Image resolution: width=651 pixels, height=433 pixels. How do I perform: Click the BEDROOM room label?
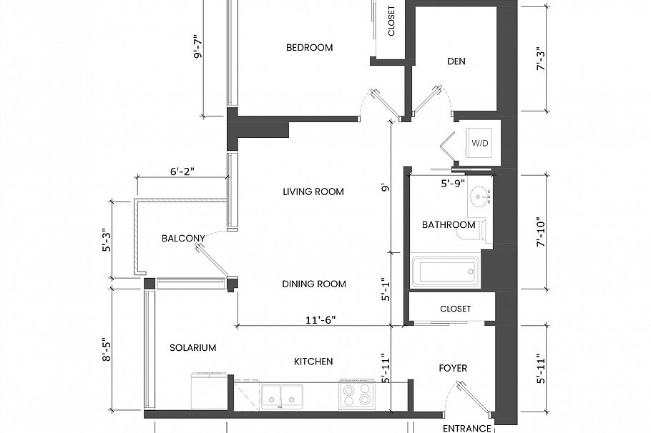tap(309, 48)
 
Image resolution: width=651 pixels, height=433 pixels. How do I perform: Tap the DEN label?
tap(456, 61)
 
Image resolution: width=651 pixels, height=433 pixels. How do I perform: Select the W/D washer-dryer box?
tap(479, 143)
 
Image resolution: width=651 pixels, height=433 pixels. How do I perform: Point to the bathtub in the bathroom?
tap(446, 272)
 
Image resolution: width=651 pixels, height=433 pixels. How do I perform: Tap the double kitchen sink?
tap(281, 397)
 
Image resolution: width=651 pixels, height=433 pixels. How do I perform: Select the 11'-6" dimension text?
tap(320, 320)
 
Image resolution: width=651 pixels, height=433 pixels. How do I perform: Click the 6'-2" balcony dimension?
tap(182, 171)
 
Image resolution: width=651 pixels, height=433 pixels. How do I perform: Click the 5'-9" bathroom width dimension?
tap(452, 184)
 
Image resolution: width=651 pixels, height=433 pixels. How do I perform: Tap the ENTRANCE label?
tap(466, 429)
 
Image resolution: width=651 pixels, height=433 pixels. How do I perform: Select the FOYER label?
tap(453, 368)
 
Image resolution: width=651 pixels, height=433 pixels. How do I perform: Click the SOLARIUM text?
tap(192, 348)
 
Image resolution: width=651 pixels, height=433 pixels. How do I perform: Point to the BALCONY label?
tap(183, 239)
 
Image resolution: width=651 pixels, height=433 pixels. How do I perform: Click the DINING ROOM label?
tap(314, 284)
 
